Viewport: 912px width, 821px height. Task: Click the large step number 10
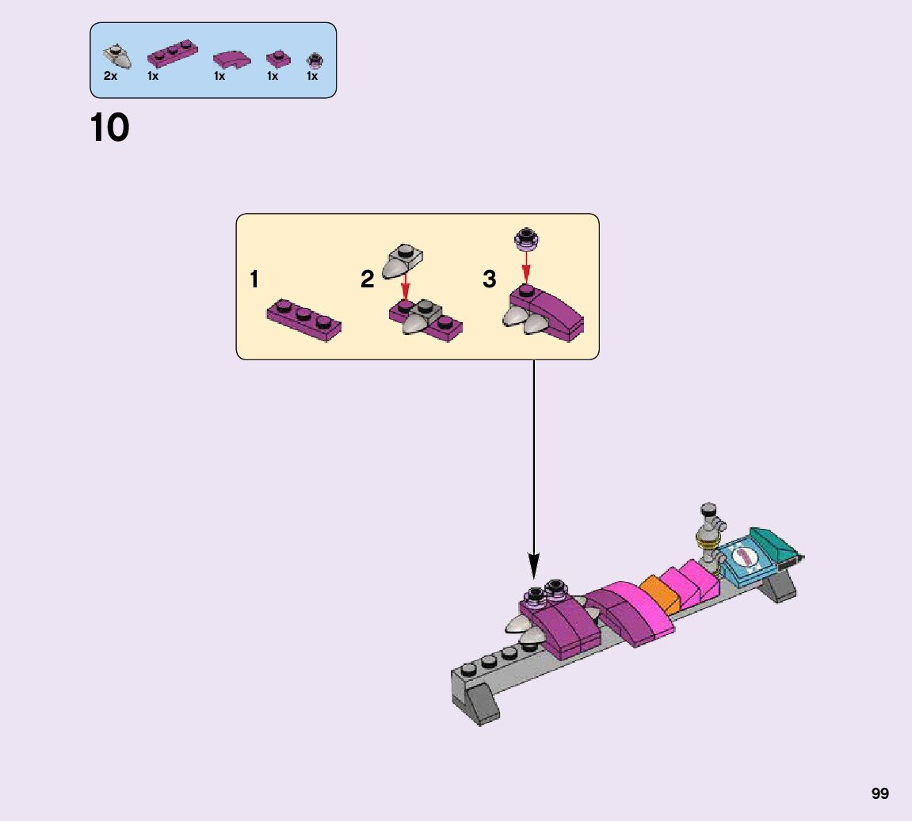click(x=109, y=128)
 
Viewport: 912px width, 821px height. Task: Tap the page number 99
click(x=880, y=793)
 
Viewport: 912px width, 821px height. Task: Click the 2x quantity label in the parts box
click(x=110, y=77)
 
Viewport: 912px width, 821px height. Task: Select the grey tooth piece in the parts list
click(x=118, y=56)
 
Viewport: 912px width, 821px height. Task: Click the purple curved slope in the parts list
click(x=231, y=58)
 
